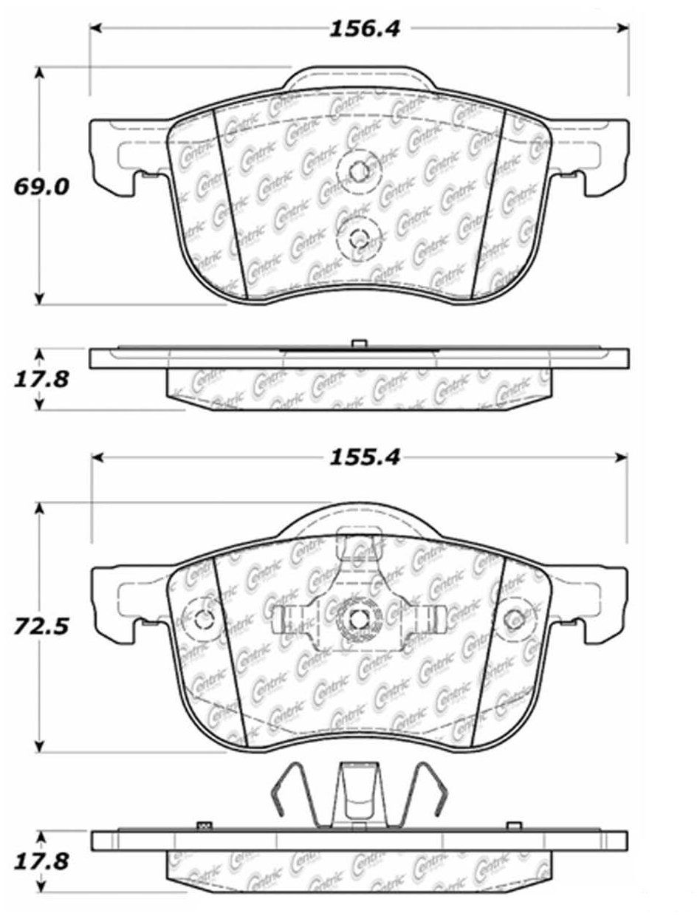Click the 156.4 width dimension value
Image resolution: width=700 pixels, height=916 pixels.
365,30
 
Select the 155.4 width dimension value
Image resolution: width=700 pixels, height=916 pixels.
365,458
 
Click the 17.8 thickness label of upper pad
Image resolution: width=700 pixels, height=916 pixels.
41,380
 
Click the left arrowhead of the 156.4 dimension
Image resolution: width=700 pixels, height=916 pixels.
96,28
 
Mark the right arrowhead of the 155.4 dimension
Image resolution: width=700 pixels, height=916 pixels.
622,458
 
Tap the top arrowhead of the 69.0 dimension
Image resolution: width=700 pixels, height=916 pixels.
39,73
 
